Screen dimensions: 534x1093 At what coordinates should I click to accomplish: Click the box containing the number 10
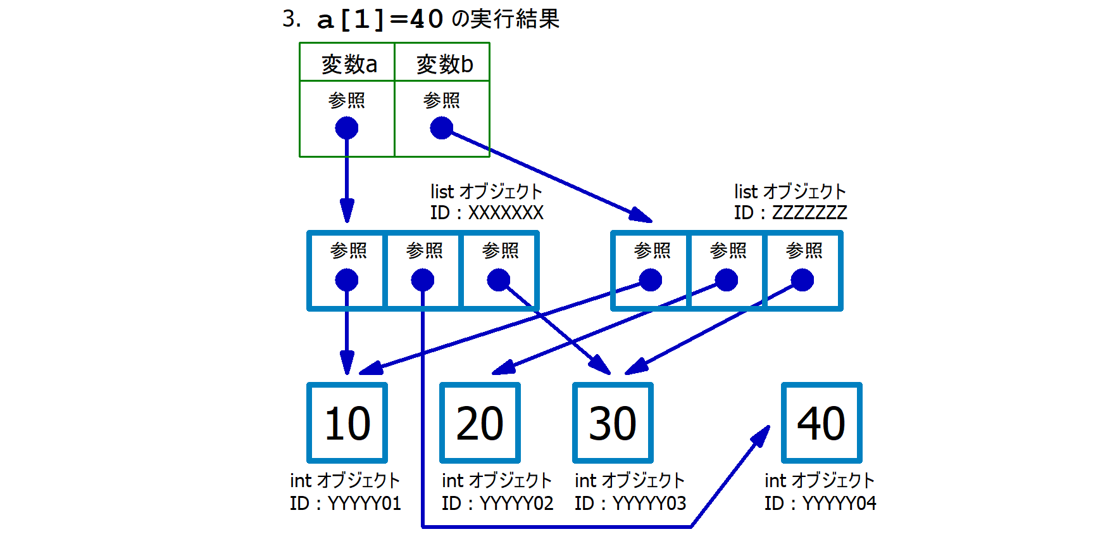(347, 423)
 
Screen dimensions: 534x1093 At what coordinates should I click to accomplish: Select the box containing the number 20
(480, 423)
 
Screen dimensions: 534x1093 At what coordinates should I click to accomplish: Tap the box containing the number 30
(613, 423)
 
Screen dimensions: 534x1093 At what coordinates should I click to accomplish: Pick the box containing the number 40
(821, 423)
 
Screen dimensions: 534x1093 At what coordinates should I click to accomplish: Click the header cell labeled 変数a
(347, 63)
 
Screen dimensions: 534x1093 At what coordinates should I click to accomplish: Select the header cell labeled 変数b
(442, 63)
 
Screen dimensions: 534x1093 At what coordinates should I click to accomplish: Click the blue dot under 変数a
(347, 128)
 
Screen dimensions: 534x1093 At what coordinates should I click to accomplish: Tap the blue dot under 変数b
(441, 128)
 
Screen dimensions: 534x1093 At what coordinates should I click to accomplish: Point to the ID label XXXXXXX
(505, 213)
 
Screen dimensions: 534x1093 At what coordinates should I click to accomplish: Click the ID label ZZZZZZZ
(809, 213)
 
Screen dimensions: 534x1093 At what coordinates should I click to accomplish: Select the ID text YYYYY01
(364, 504)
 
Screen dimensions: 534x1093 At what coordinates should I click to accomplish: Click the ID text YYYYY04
(839, 504)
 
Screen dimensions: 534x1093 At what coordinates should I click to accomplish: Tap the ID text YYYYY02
(516, 504)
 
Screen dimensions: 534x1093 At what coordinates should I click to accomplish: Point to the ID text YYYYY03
(649, 504)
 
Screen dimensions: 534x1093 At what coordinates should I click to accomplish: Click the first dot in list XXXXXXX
(347, 280)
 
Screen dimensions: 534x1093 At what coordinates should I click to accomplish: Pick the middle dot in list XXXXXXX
(423, 280)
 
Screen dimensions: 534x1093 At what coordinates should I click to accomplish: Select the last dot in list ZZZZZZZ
(803, 280)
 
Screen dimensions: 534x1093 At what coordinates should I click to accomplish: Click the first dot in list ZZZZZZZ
(651, 280)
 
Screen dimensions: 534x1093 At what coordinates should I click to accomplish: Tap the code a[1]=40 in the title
(380, 19)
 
